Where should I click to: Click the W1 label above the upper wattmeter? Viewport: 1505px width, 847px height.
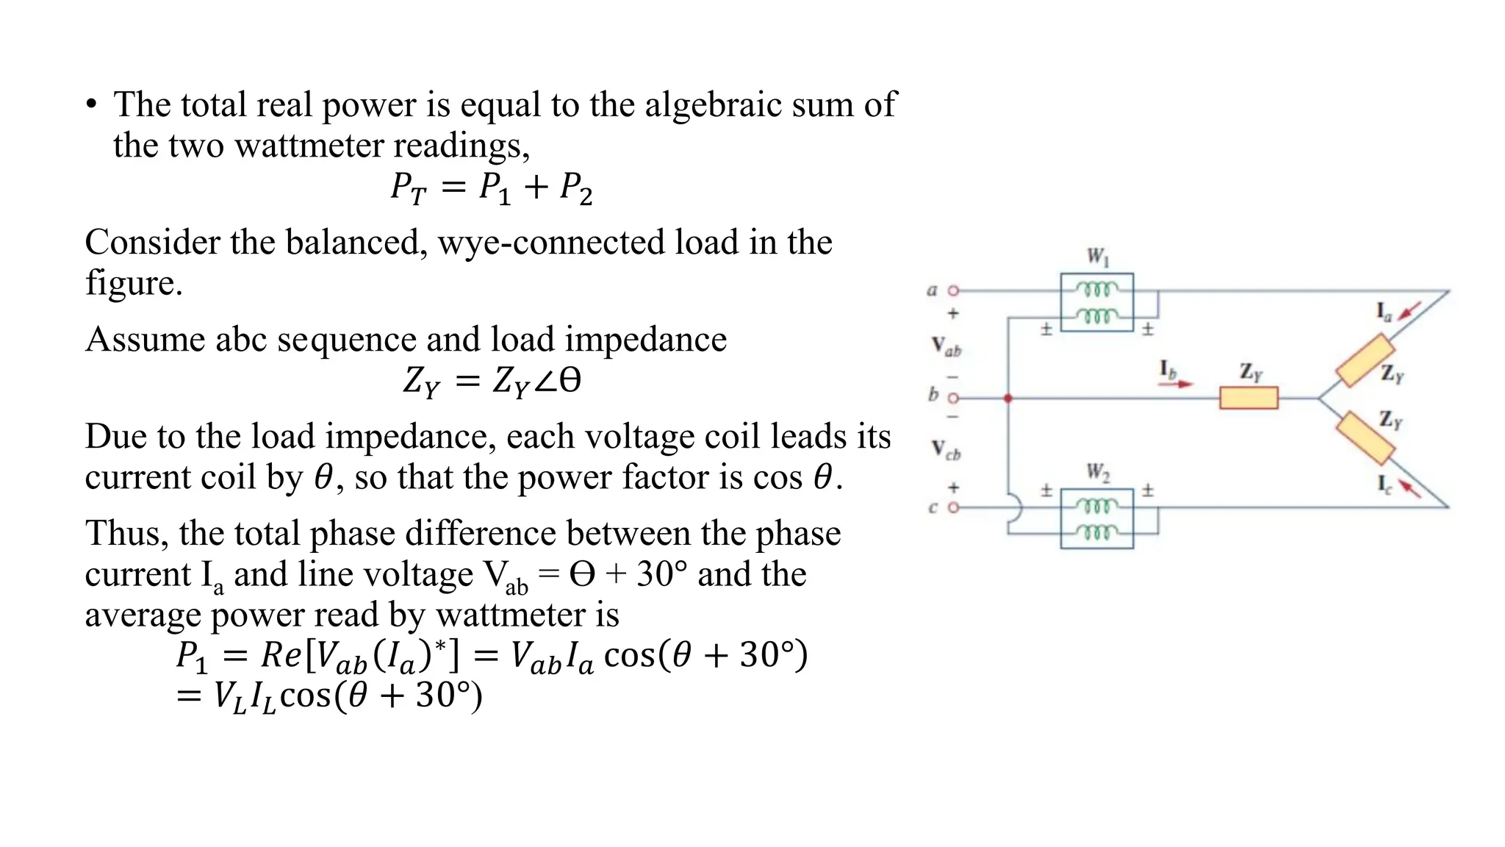point(1098,257)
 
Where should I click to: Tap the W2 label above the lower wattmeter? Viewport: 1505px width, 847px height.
point(1098,471)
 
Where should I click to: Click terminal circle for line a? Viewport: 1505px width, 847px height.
point(953,291)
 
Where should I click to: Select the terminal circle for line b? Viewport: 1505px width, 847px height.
point(953,398)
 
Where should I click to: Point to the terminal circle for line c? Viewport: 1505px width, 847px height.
point(953,507)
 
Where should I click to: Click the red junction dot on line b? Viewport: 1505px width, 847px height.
point(1008,398)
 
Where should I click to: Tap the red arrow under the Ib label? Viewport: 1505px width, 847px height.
point(1177,384)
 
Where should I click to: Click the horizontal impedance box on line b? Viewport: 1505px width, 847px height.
point(1249,398)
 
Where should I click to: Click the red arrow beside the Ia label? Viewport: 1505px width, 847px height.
point(1409,310)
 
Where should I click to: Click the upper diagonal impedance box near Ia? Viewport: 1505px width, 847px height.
point(1365,360)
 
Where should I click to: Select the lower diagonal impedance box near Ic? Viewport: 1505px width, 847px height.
point(1365,438)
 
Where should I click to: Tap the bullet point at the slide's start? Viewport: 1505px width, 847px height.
point(91,105)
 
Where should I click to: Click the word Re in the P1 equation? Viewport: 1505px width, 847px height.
point(281,655)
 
